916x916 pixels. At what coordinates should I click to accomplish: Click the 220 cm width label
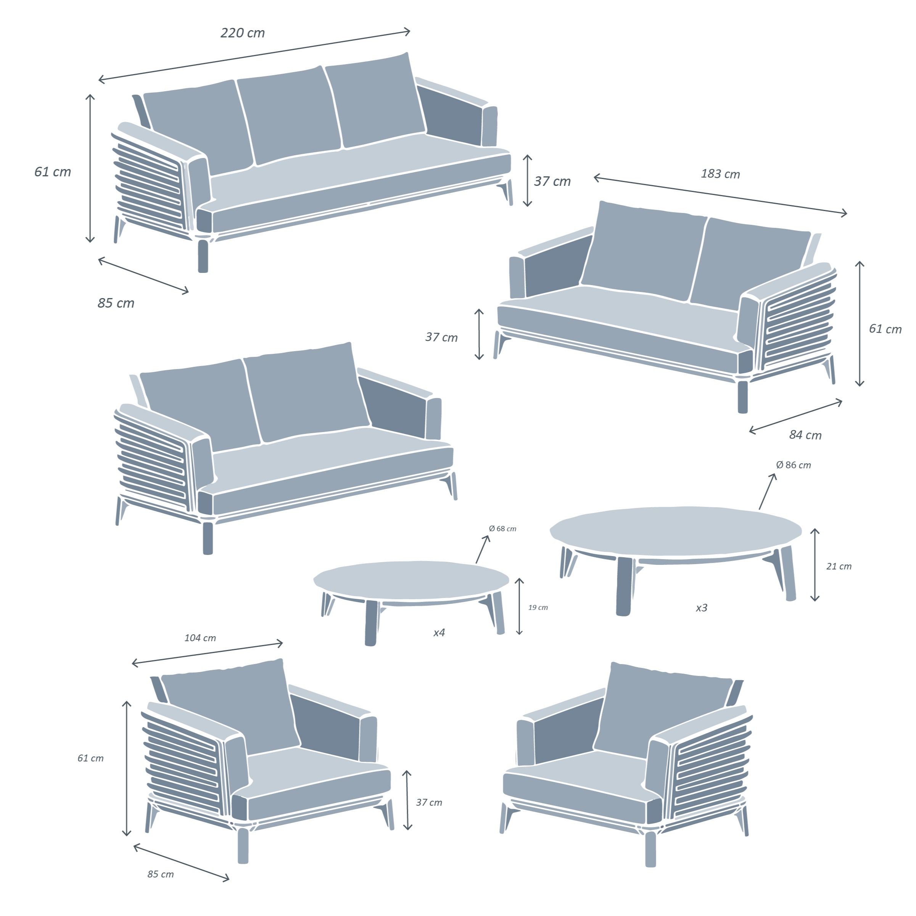click(242, 33)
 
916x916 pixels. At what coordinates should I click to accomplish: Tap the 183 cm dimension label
click(720, 174)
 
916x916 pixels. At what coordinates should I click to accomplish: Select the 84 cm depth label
click(805, 435)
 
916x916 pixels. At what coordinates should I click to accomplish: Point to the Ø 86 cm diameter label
click(793, 465)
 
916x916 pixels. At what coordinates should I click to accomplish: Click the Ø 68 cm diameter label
click(502, 529)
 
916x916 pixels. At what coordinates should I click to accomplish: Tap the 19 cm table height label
click(538, 607)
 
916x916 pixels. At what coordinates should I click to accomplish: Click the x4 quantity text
click(439, 633)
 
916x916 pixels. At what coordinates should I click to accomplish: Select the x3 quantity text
click(701, 608)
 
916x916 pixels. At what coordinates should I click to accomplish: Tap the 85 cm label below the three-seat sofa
click(116, 303)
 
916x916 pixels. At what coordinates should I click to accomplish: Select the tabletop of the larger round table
click(676, 531)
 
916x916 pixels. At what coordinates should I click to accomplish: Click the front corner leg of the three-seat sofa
click(203, 256)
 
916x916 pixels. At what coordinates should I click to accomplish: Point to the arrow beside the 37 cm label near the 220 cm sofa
click(527, 181)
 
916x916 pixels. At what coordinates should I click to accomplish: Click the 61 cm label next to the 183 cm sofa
click(885, 329)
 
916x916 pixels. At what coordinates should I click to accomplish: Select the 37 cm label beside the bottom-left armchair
click(429, 802)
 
